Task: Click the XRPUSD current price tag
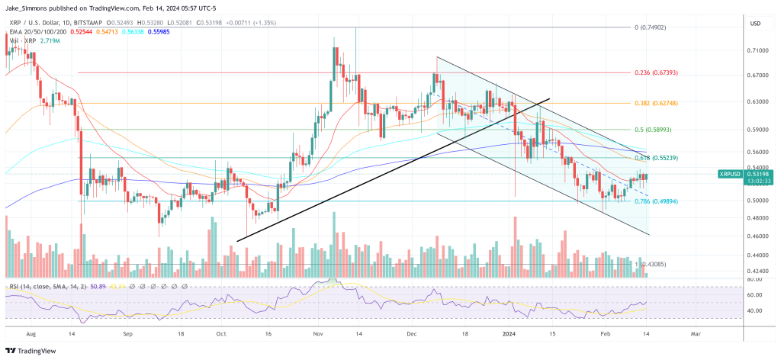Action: point(731,174)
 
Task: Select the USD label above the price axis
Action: point(755,24)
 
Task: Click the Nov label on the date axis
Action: point(320,333)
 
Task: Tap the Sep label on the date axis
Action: point(128,333)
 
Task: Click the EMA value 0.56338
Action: point(132,31)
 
